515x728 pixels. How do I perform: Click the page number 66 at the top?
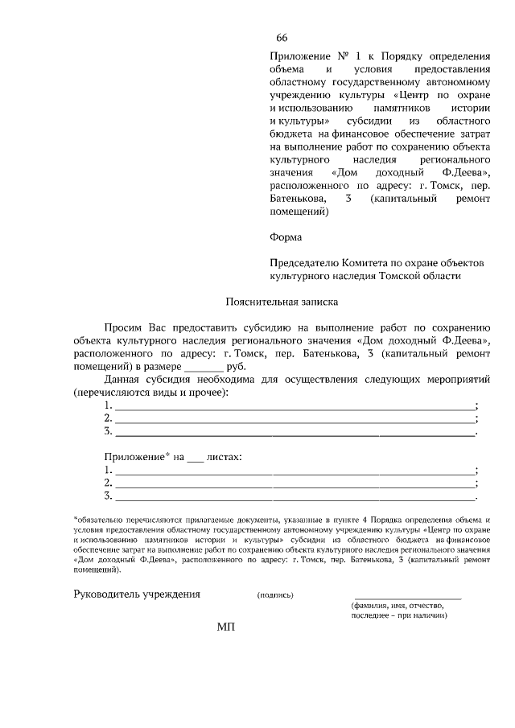[282, 38]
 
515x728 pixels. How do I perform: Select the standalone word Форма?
[286, 237]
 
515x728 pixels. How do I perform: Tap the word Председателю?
[307, 263]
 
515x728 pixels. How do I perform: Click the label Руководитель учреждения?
[137, 594]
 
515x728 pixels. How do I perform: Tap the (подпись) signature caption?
[275, 595]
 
